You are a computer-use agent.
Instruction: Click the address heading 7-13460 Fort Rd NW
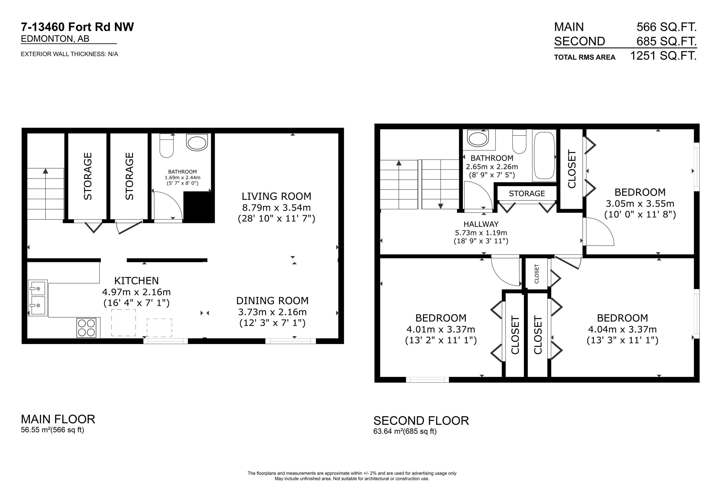(x=77, y=27)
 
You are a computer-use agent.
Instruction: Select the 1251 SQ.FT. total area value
(x=663, y=56)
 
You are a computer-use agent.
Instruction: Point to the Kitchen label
(x=136, y=281)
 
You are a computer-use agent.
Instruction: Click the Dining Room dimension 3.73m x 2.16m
(x=272, y=312)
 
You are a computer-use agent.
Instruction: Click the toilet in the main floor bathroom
(x=167, y=146)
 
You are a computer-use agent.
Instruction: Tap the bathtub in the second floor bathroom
(x=544, y=155)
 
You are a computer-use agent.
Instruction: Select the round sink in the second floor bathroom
(x=478, y=138)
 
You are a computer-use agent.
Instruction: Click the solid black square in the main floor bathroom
(x=198, y=207)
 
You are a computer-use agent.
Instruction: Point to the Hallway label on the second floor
(x=481, y=224)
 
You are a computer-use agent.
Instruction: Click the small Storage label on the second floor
(x=527, y=194)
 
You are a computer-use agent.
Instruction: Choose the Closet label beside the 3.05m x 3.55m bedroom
(x=572, y=169)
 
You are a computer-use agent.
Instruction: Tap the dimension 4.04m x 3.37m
(x=622, y=330)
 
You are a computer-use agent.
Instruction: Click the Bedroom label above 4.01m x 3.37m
(x=441, y=318)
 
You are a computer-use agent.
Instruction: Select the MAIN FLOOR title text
(x=58, y=419)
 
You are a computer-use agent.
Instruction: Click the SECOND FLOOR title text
(x=421, y=421)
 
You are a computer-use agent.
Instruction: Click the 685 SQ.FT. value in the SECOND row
(x=666, y=41)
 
